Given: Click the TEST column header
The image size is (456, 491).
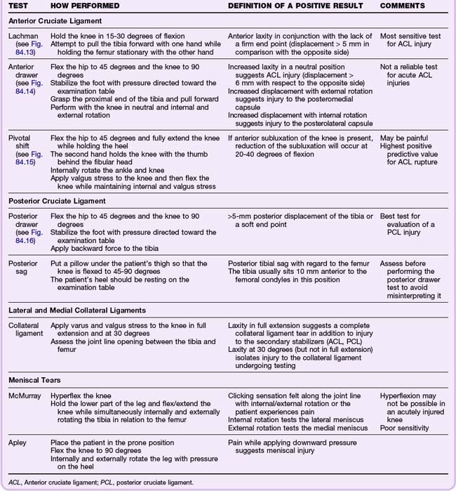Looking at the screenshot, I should tap(20, 6).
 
